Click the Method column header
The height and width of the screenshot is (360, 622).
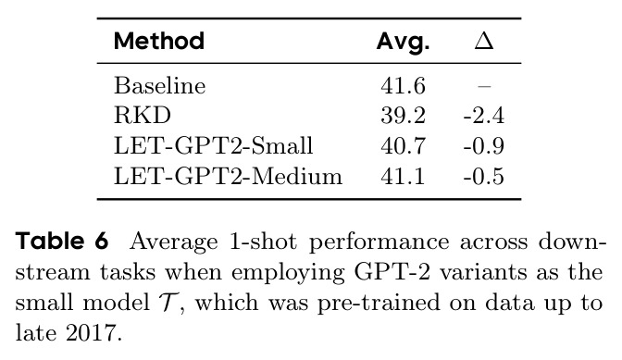(159, 41)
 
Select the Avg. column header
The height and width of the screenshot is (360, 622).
(403, 42)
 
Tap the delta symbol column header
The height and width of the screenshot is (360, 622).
(484, 41)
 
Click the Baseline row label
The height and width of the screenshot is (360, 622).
(160, 85)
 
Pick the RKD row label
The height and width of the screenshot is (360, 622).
(143, 116)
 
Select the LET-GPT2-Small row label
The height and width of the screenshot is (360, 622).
(214, 145)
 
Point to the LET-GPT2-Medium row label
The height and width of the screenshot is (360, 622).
(228, 176)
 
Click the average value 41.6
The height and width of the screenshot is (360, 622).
(403, 86)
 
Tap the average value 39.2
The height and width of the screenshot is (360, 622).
(403, 116)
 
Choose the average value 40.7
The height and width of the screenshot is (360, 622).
(403, 146)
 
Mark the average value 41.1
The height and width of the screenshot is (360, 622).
(403, 177)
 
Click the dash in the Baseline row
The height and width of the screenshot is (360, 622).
(484, 86)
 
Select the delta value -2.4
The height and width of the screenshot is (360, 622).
(484, 116)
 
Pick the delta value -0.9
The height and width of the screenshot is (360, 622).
(484, 146)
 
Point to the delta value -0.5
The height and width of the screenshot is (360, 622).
(484, 177)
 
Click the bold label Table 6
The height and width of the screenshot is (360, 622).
(62, 241)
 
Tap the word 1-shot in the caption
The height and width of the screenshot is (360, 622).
(263, 241)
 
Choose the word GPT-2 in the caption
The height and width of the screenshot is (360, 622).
(392, 272)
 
